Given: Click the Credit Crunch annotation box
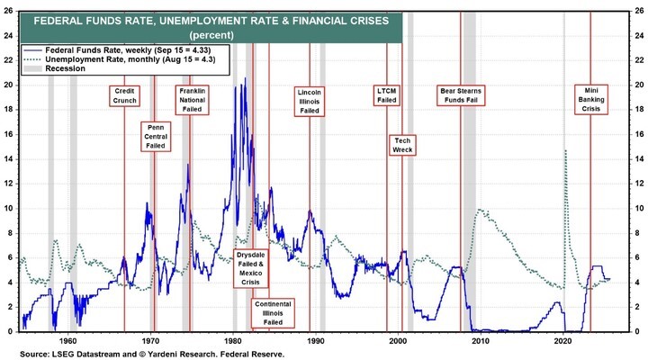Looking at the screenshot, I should pos(125,96).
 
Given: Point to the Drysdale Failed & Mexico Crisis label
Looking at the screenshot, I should pos(251,268).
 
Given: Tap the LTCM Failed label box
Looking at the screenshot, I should pos(387,96).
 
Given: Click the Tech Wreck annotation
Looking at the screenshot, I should pos(400,145).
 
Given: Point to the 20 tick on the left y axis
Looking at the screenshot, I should pos(10,85).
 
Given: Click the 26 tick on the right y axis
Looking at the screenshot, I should pos(637,11).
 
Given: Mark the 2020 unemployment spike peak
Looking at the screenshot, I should pos(565,150).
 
